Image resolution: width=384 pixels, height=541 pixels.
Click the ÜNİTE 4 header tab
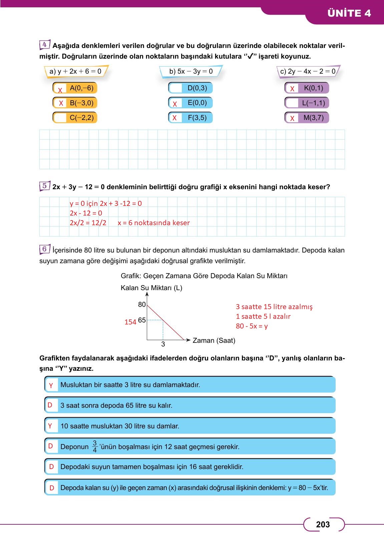[349, 13]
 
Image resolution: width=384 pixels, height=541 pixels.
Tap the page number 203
[323, 524]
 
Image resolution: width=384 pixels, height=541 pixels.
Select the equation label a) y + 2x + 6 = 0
[75, 71]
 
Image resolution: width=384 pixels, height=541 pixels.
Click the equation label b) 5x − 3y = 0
[191, 71]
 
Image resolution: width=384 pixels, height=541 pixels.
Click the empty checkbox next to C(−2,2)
[60, 118]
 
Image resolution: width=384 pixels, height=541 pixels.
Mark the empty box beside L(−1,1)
[292, 103]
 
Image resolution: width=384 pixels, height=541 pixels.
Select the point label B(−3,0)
[81, 103]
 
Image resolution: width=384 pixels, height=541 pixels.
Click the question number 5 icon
[44, 186]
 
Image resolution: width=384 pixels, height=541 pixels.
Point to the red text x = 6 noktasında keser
[153, 223]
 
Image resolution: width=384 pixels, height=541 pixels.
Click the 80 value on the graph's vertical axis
[142, 304]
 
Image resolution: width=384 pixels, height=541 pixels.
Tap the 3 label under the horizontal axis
[163, 344]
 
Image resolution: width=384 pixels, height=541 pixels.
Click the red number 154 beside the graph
[130, 322]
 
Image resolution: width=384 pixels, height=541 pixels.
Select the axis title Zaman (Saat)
[214, 340]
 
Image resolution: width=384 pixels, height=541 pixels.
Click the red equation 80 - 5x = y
[252, 326]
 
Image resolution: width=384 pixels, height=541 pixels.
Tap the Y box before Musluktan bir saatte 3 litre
[51, 385]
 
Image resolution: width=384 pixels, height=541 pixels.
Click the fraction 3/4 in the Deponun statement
[95, 446]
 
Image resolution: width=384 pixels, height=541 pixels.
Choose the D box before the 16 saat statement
[51, 467]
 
